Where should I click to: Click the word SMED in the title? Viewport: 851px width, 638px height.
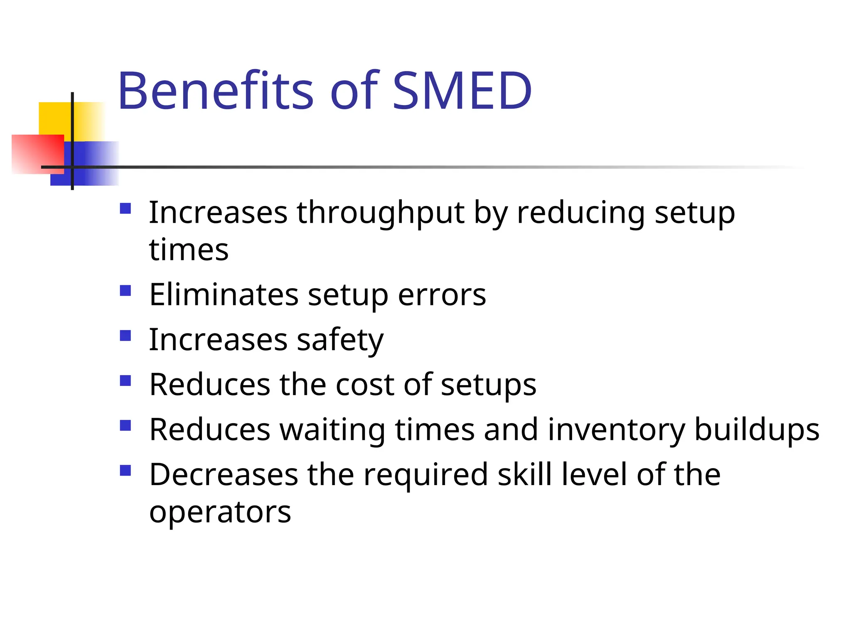click(x=462, y=91)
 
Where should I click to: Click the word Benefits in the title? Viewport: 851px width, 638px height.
click(x=215, y=91)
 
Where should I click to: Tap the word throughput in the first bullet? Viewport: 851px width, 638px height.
click(x=380, y=213)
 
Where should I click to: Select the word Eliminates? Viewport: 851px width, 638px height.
click(x=224, y=295)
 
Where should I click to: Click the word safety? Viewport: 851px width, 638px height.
click(x=340, y=340)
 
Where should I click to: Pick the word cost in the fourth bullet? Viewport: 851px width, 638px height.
click(x=365, y=385)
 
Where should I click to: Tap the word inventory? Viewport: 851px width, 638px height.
click(x=616, y=429)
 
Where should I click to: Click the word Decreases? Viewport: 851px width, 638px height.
click(x=224, y=474)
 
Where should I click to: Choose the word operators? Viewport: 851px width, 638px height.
click(x=220, y=513)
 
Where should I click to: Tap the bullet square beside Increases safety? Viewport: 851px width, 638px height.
click(x=125, y=335)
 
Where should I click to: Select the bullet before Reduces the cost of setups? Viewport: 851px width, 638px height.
click(x=125, y=380)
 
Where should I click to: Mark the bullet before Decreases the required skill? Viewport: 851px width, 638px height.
click(x=125, y=470)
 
